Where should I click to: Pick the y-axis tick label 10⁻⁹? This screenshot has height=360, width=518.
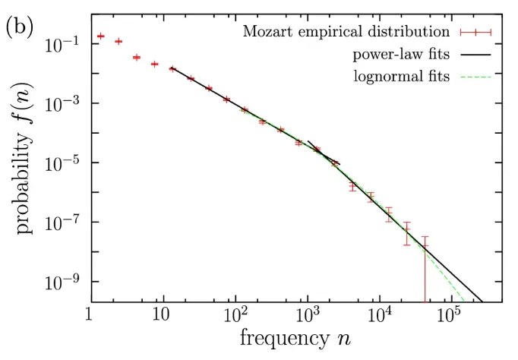(65, 283)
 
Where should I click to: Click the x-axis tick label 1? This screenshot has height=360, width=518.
(90, 314)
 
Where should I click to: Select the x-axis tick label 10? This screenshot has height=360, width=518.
(160, 314)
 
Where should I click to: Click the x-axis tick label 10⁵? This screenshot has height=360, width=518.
(451, 314)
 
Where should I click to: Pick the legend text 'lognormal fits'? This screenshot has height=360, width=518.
(402, 76)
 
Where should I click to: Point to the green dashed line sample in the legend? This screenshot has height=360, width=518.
(475, 77)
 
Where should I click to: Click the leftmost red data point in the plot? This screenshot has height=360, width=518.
(100, 36)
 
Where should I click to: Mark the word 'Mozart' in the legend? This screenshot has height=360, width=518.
(266, 33)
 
